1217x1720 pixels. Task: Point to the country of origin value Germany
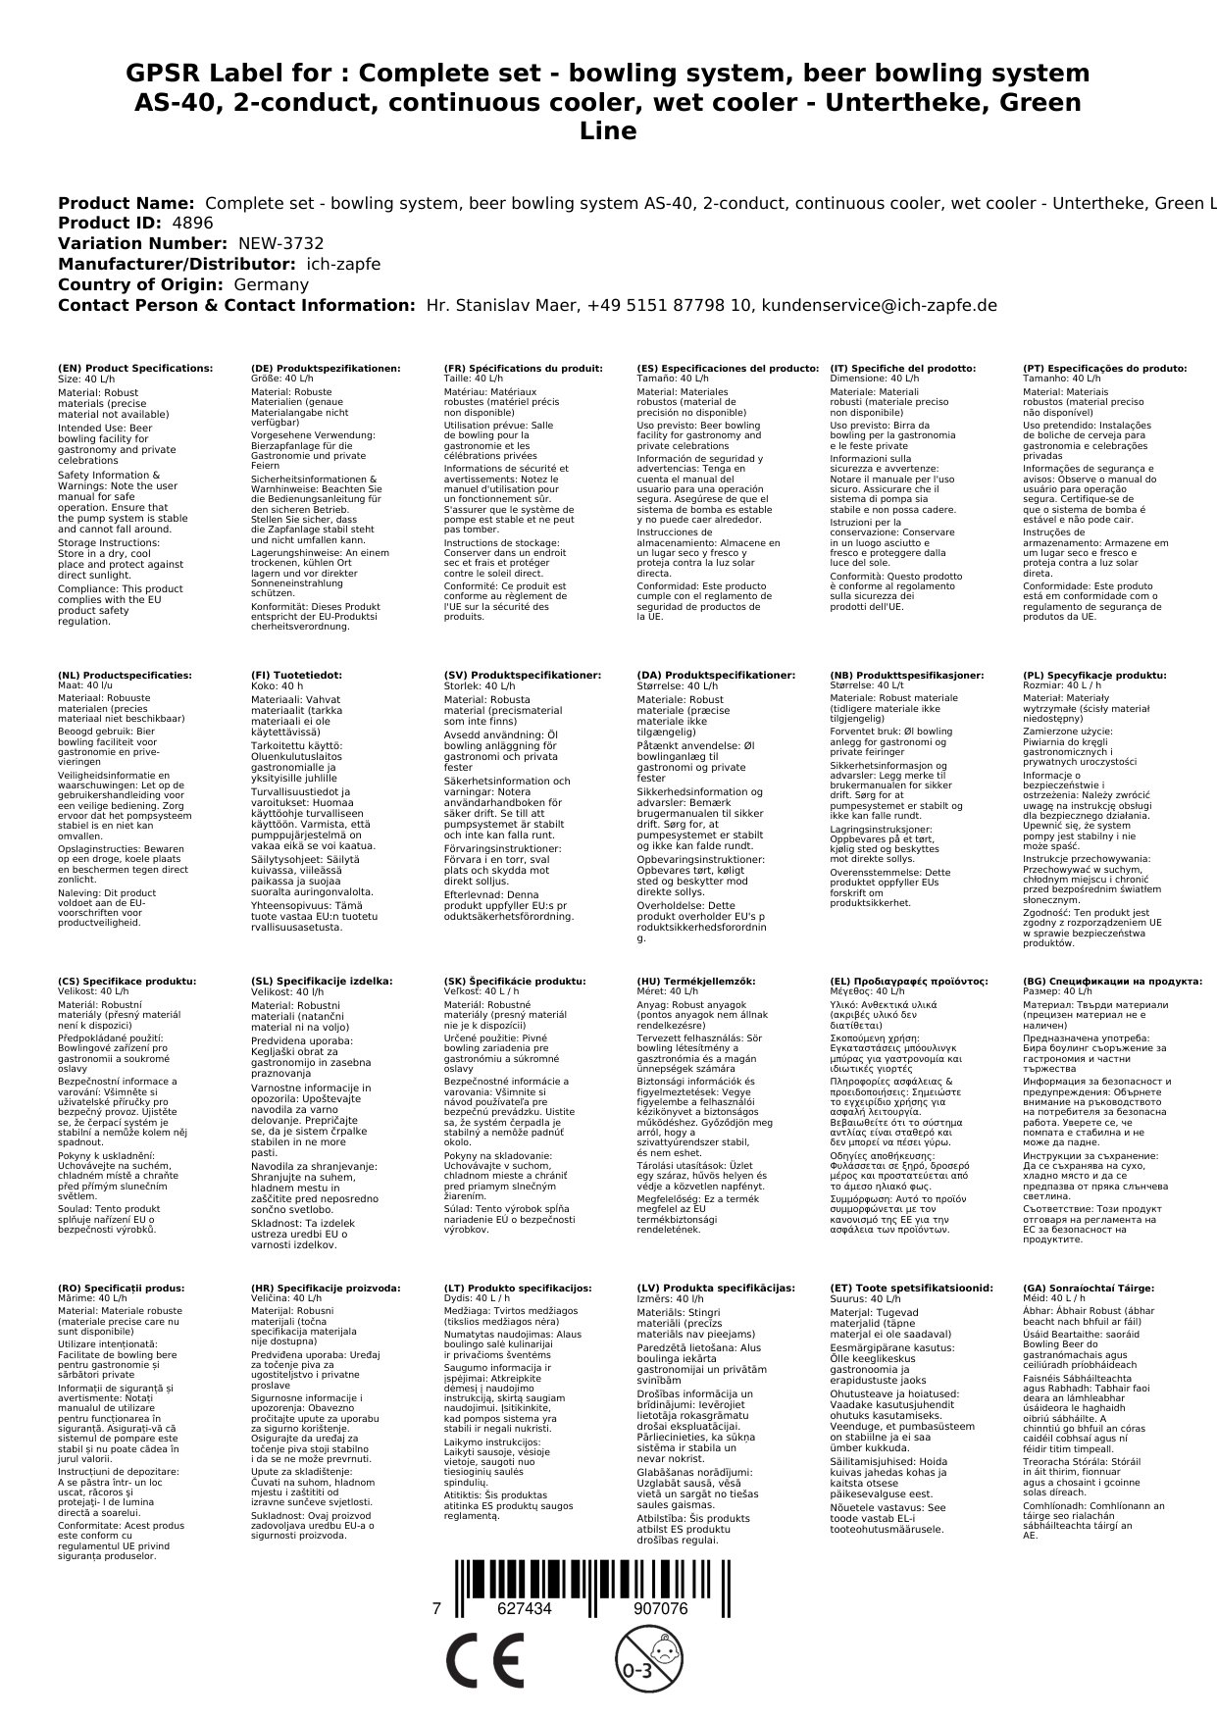point(271,284)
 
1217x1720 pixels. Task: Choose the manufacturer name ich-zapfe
point(342,265)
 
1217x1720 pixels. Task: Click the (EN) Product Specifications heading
point(135,369)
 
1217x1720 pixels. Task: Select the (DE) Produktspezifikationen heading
point(326,369)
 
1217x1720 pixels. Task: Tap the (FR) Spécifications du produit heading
point(524,369)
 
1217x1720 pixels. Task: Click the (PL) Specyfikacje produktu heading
point(1094,676)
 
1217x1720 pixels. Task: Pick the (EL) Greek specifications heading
point(909,982)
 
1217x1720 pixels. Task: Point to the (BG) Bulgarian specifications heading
point(1112,982)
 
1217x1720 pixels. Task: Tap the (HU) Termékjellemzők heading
point(696,982)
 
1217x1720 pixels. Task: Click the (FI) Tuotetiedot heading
point(297,676)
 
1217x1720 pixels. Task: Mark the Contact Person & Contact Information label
point(236,305)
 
